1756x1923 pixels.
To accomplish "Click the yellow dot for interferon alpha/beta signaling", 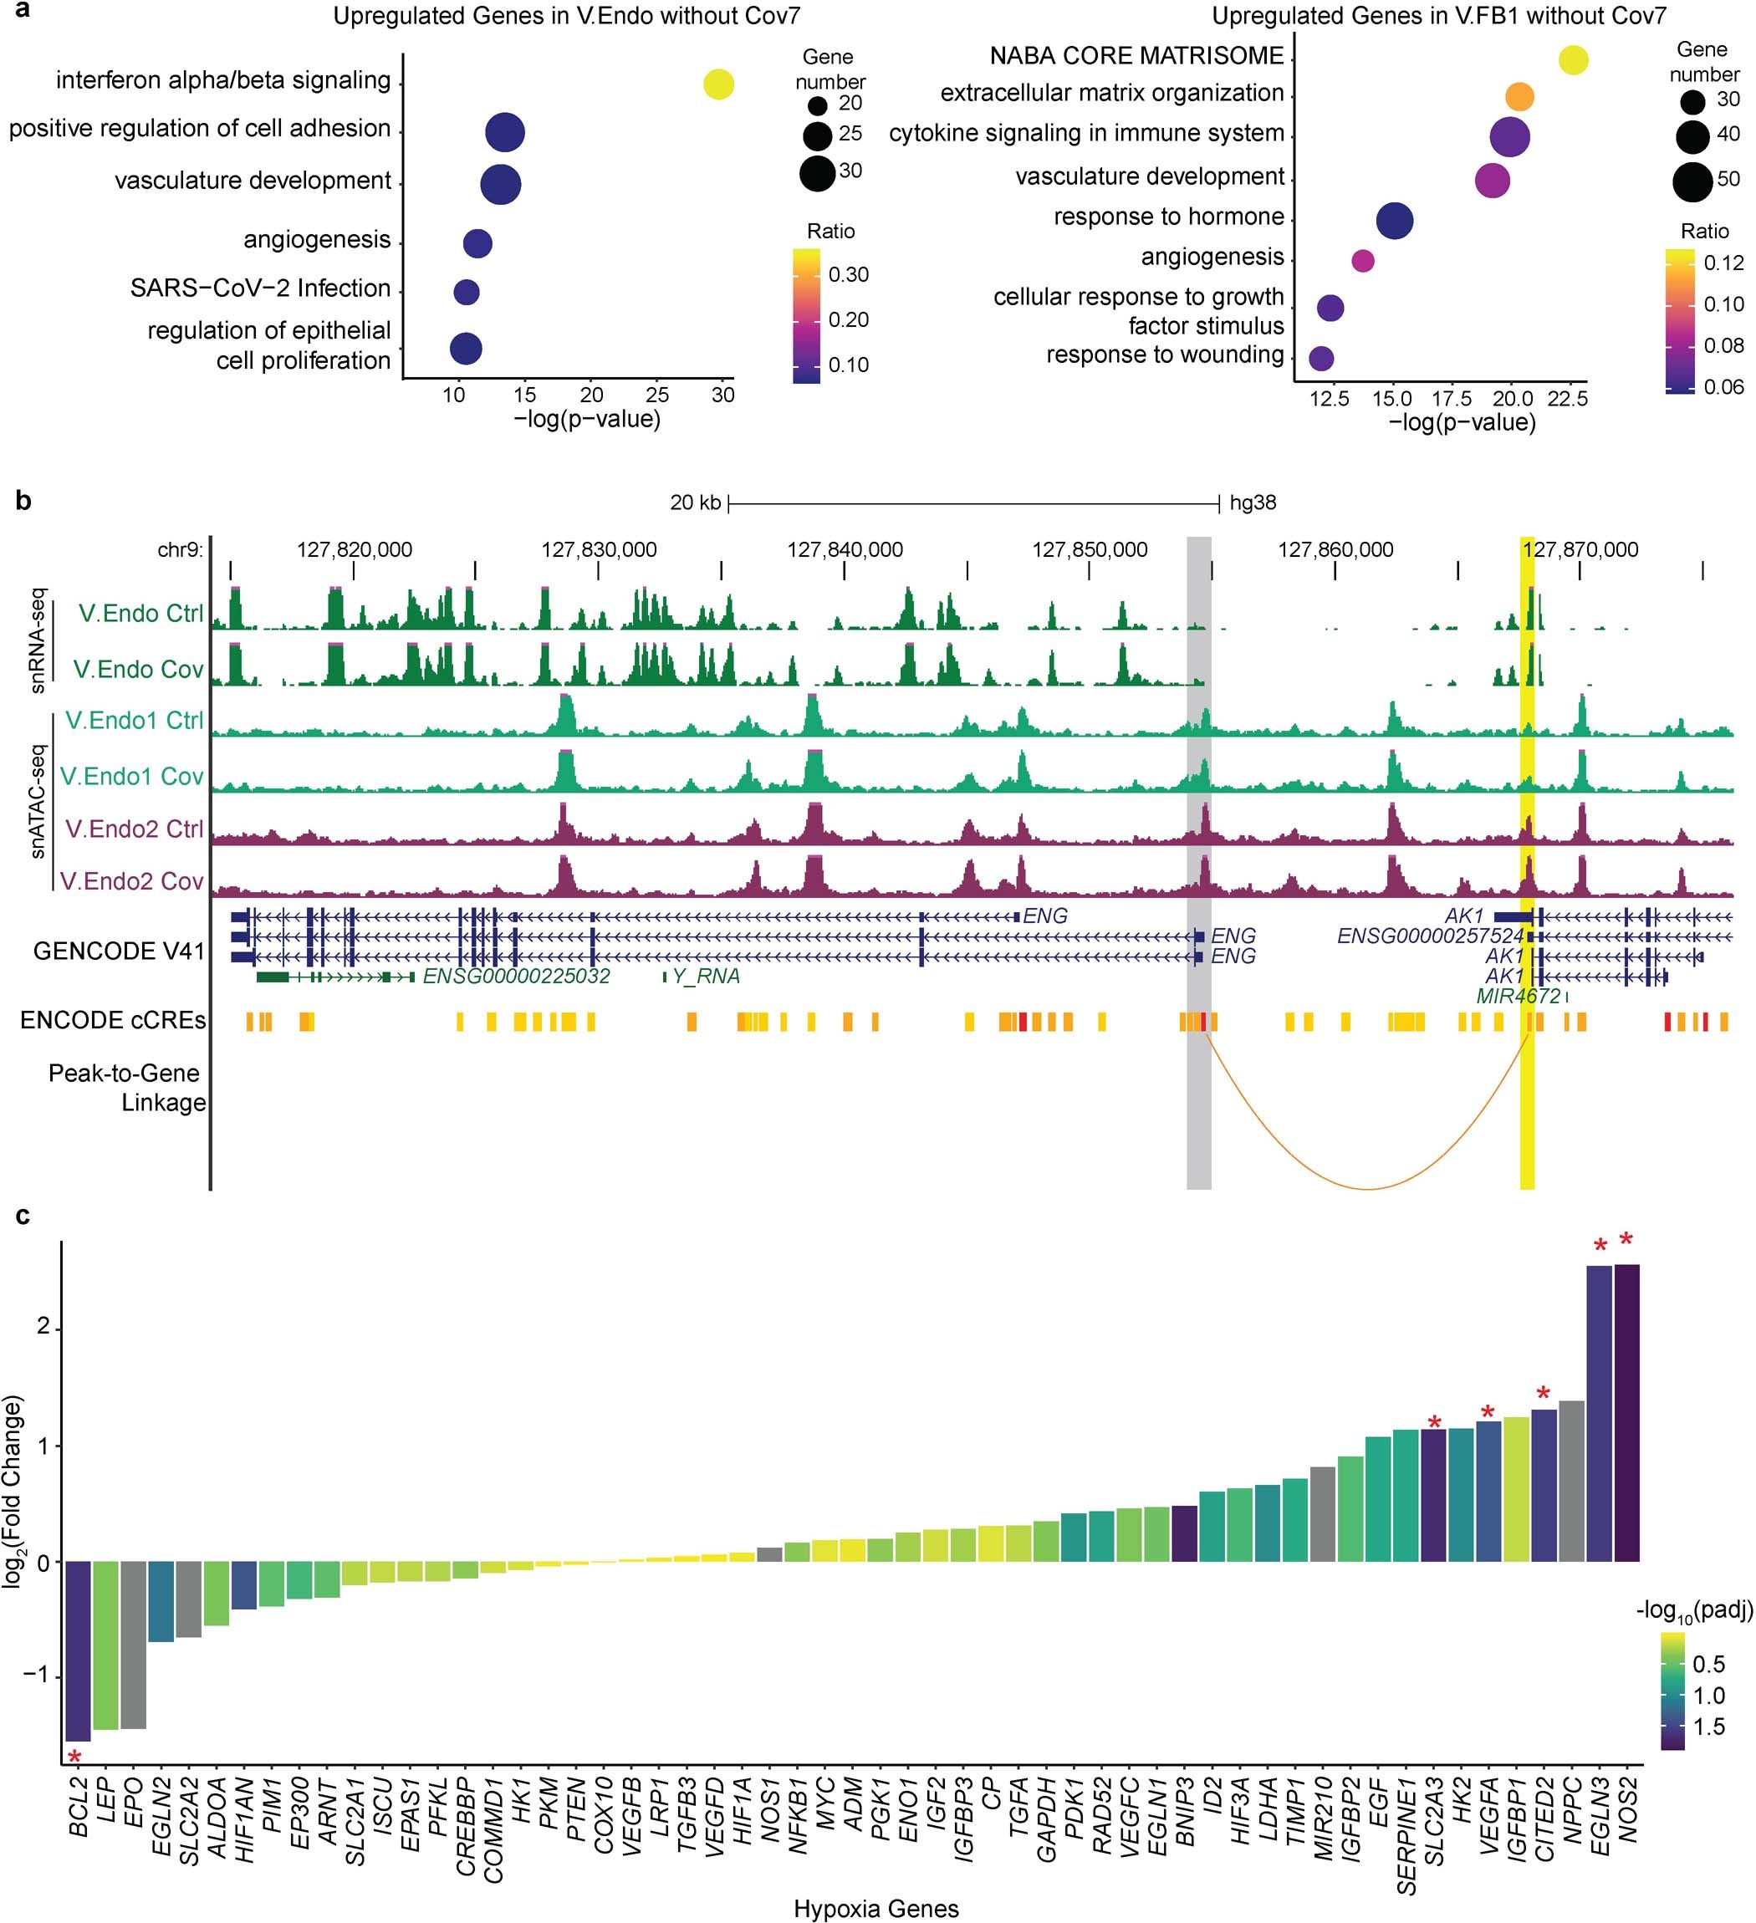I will (x=718, y=84).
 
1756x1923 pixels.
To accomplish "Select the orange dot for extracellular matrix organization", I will (x=1519, y=96).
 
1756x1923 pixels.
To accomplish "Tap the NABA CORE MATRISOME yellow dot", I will (x=1573, y=60).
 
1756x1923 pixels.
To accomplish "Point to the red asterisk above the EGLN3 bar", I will (x=1600, y=1246).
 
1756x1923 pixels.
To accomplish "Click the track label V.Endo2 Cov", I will (x=131, y=880).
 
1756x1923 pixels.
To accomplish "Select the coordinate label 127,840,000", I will (x=845, y=550).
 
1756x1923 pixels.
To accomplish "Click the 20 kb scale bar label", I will (x=696, y=502).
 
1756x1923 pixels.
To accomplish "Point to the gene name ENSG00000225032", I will (x=516, y=976).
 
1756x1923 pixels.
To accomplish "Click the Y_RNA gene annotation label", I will (x=706, y=976).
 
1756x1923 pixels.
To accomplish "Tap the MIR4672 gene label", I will (x=1518, y=996).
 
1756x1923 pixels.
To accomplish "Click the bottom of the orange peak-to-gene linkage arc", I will (x=1368, y=1189).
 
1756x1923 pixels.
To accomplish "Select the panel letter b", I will (x=24, y=501).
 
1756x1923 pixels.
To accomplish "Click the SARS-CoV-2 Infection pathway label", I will (x=260, y=288).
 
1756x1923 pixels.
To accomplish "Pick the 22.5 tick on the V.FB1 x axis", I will (x=1567, y=400).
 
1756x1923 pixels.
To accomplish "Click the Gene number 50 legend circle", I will (x=1692, y=182).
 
